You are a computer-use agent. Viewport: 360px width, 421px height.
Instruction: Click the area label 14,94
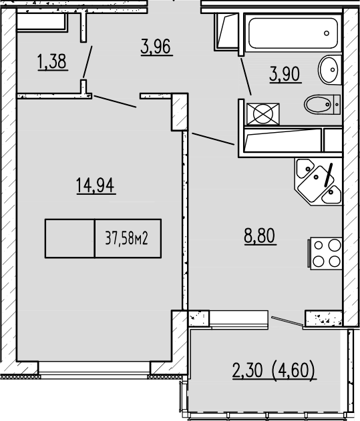point(96,185)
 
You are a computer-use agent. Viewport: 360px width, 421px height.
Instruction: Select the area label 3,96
point(157,47)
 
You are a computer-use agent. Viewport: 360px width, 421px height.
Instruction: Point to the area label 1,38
point(52,63)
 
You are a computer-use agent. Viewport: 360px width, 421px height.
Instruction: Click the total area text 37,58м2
point(126,238)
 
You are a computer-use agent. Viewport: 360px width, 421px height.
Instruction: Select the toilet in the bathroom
point(321,105)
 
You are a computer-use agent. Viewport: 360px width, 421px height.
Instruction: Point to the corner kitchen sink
point(317,181)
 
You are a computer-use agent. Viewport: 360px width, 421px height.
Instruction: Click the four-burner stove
point(325,254)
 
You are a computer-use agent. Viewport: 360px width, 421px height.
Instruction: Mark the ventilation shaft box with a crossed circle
point(258,113)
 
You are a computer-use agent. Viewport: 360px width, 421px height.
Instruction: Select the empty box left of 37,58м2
point(69,238)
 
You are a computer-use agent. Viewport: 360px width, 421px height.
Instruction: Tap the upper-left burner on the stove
point(319,246)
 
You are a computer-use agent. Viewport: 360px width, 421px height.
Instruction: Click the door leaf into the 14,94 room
point(117,103)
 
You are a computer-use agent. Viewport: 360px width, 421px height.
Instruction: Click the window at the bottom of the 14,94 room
point(94,368)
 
